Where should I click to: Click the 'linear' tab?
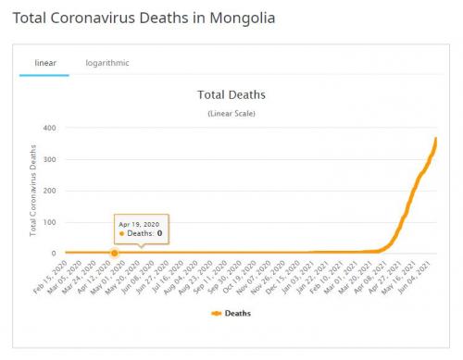(44, 63)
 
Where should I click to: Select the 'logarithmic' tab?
(107, 63)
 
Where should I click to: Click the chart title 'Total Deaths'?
(231, 94)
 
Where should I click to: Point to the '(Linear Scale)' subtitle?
(231, 113)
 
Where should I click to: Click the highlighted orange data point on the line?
(115, 253)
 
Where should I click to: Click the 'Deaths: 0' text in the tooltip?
(144, 234)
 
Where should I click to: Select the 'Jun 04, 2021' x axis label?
(421, 275)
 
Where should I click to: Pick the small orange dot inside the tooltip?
(121, 234)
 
